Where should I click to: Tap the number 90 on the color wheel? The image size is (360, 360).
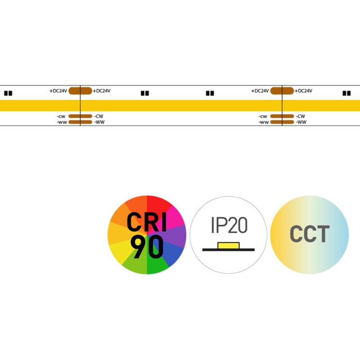147,248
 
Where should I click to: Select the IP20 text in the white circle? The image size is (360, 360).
229,225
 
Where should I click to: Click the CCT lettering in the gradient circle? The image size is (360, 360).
309,234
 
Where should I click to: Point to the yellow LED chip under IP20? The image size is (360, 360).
228,245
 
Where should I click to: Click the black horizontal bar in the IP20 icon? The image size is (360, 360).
229,249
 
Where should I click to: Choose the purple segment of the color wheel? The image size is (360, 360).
178,235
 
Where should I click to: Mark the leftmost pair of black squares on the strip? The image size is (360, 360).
8,94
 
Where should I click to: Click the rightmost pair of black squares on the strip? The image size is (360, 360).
346,94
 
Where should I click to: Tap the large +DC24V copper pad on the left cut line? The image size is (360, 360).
80,90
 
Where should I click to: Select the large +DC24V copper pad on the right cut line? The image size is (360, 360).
282,90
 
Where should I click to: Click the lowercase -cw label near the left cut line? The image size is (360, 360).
61,116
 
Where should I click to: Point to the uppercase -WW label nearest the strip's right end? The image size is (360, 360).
301,122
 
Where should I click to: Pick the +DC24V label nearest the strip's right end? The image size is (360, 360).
304,91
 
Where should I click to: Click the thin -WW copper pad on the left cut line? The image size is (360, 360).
80,122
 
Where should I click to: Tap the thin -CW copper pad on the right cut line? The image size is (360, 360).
282,116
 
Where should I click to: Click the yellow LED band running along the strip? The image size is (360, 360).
180,105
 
